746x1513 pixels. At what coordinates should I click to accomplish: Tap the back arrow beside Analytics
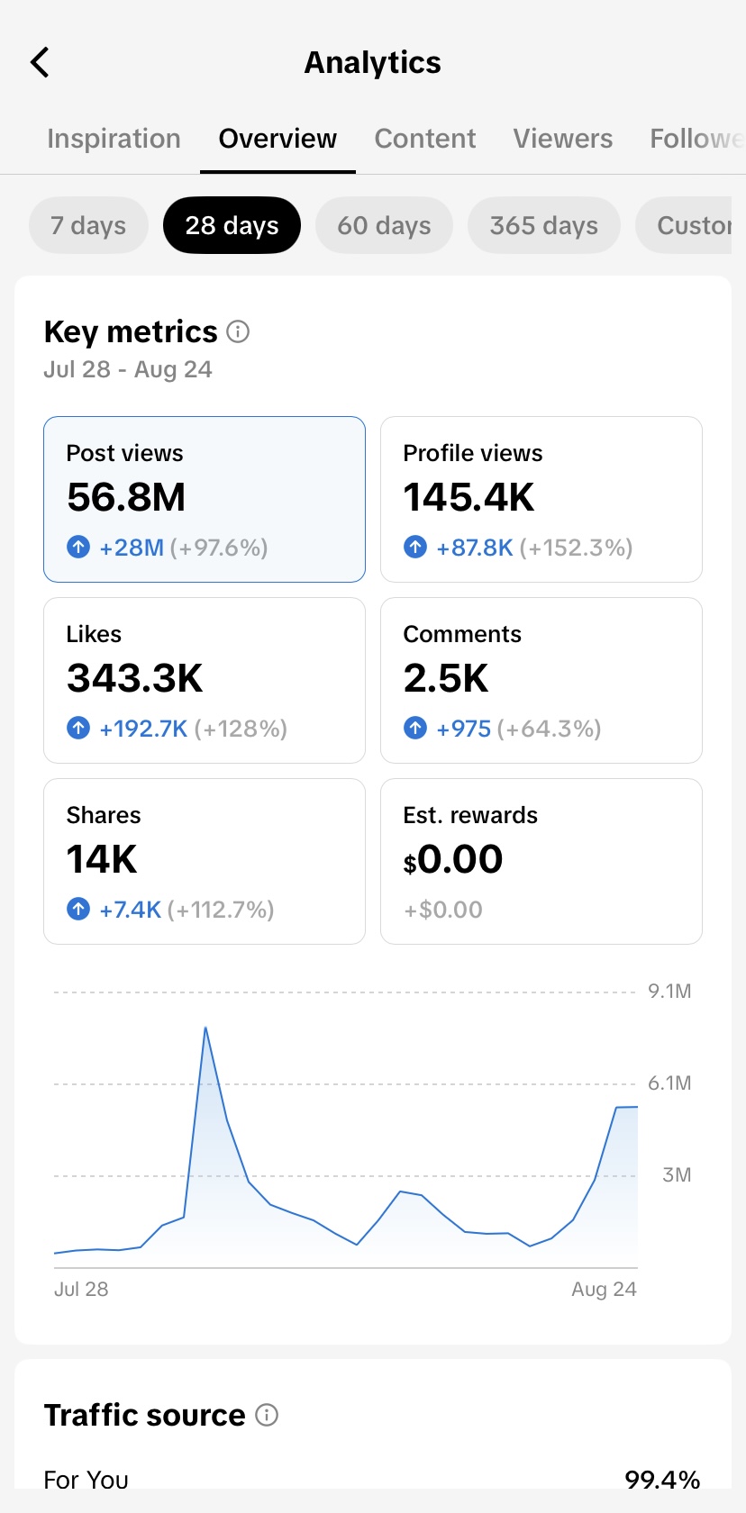click(40, 62)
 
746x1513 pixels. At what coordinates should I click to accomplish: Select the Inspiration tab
click(114, 139)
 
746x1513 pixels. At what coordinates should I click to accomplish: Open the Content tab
click(425, 139)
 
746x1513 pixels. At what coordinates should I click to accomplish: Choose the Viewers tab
click(563, 139)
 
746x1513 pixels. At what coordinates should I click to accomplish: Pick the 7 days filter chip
click(88, 225)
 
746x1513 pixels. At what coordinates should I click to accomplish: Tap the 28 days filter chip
click(232, 225)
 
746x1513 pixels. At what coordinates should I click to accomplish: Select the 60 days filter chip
click(384, 225)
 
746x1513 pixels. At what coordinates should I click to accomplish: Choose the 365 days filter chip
click(544, 225)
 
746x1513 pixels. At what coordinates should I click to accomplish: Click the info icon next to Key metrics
click(238, 331)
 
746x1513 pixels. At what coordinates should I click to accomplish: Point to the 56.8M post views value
click(126, 497)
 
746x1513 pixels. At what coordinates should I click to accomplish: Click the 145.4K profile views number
click(469, 497)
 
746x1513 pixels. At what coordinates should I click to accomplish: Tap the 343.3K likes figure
click(134, 678)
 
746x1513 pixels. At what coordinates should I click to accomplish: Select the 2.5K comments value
click(445, 678)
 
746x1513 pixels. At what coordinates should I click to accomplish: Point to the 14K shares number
click(101, 859)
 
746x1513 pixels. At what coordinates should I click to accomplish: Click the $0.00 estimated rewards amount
click(452, 859)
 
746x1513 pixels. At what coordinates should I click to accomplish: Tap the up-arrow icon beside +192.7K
click(78, 728)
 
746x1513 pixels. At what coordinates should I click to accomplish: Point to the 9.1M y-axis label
click(669, 991)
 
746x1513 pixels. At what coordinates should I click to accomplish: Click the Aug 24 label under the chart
click(604, 1289)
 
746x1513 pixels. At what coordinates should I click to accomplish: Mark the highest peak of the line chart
click(205, 1028)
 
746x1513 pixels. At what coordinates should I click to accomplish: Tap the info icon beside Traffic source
click(267, 1414)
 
